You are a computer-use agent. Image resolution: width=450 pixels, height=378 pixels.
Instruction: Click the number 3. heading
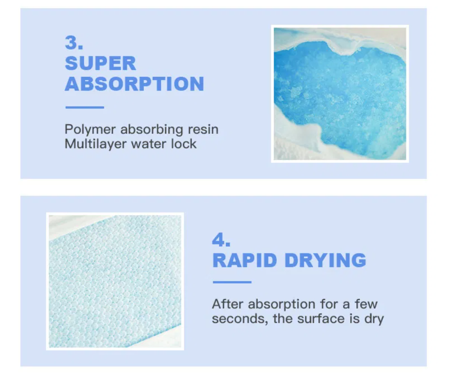(74, 43)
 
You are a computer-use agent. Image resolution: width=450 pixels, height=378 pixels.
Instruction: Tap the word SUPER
(100, 63)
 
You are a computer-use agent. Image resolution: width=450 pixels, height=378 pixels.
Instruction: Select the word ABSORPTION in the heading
(135, 84)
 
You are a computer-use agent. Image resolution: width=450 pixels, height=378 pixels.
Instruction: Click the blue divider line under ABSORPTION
(85, 107)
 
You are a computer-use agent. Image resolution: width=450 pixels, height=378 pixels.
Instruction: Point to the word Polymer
(90, 130)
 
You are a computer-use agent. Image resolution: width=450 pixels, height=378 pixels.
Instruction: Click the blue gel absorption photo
(340, 94)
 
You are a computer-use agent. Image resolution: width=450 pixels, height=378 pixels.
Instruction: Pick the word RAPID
(245, 260)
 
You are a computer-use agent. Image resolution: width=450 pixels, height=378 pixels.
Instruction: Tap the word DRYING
(325, 260)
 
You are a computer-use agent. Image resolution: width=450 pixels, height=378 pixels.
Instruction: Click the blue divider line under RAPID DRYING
(232, 282)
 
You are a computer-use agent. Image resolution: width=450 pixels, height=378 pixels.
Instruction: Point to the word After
(228, 304)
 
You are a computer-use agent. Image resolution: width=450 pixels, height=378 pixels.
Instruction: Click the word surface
(321, 319)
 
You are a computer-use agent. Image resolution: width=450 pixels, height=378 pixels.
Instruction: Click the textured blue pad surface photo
(115, 281)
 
